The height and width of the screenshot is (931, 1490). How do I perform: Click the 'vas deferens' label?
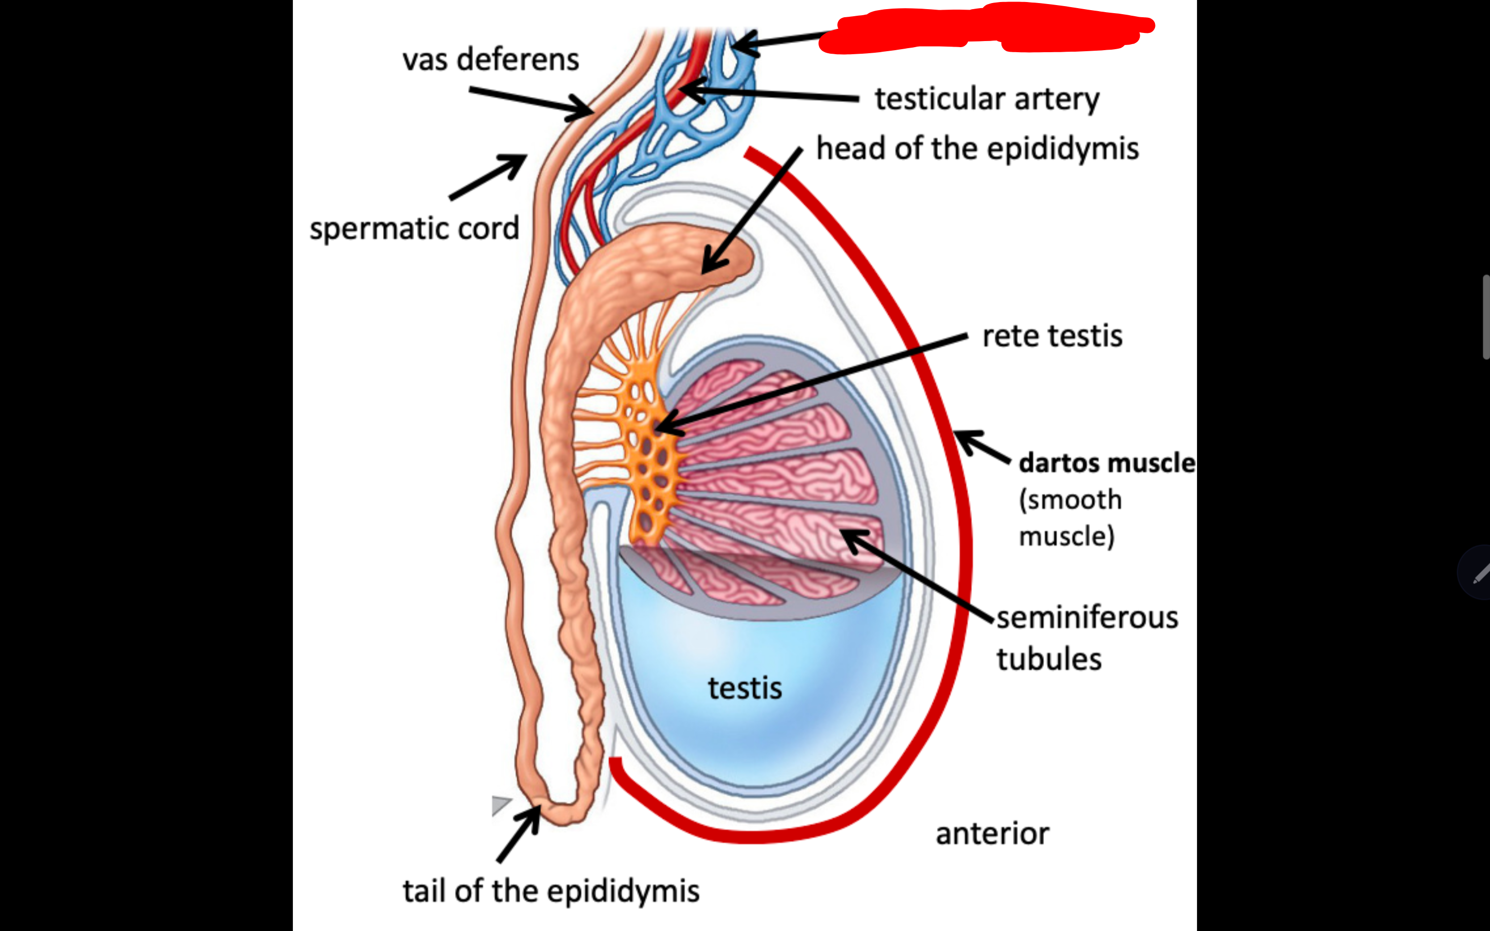click(x=491, y=60)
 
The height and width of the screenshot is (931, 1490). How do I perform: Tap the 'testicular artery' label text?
click(x=986, y=98)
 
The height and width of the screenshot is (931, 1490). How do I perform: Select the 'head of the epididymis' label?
click(x=977, y=148)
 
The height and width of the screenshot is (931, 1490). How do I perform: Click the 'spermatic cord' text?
click(x=415, y=229)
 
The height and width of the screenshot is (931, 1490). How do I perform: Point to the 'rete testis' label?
click(x=1052, y=336)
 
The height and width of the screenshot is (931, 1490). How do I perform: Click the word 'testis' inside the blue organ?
click(x=744, y=688)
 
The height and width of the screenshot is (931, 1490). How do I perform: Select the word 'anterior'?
click(x=992, y=834)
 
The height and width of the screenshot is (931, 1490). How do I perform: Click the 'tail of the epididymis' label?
click(x=551, y=891)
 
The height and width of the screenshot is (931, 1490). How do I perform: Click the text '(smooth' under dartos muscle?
click(x=1070, y=499)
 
